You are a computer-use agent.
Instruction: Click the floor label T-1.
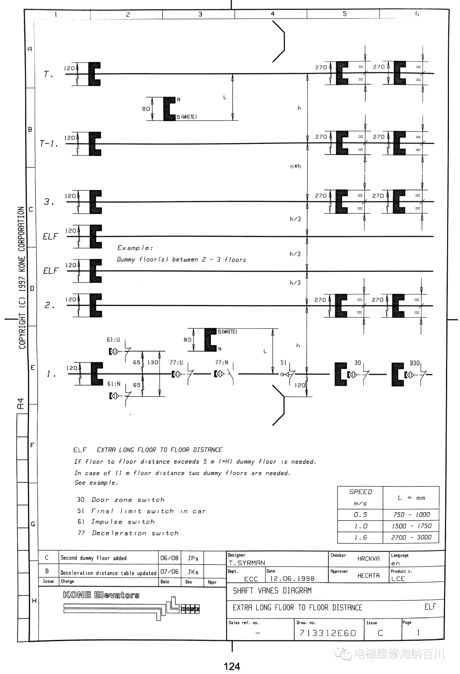click(49, 143)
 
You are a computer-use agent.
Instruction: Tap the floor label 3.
click(49, 201)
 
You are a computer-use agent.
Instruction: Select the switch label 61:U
click(113, 340)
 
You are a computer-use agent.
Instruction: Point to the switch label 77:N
click(221, 363)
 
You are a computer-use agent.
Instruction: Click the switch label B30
click(414, 363)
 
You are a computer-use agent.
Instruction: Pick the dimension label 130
click(152, 362)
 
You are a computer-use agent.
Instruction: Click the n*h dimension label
click(295, 166)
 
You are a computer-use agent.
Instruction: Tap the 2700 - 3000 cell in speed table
click(411, 537)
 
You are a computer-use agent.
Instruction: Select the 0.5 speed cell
click(360, 515)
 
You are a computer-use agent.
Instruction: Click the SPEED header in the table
click(360, 492)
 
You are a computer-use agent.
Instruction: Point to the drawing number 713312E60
click(328, 633)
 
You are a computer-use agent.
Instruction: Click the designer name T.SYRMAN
click(247, 563)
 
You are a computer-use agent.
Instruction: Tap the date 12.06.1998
click(292, 578)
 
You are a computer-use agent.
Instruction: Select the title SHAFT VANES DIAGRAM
click(272, 591)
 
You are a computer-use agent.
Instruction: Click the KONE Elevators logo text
click(101, 595)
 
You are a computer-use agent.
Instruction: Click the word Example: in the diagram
click(135, 248)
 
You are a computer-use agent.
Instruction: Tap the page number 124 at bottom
click(232, 666)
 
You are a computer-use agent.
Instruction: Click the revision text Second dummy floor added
click(94, 558)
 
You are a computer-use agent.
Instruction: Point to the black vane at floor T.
click(95, 74)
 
